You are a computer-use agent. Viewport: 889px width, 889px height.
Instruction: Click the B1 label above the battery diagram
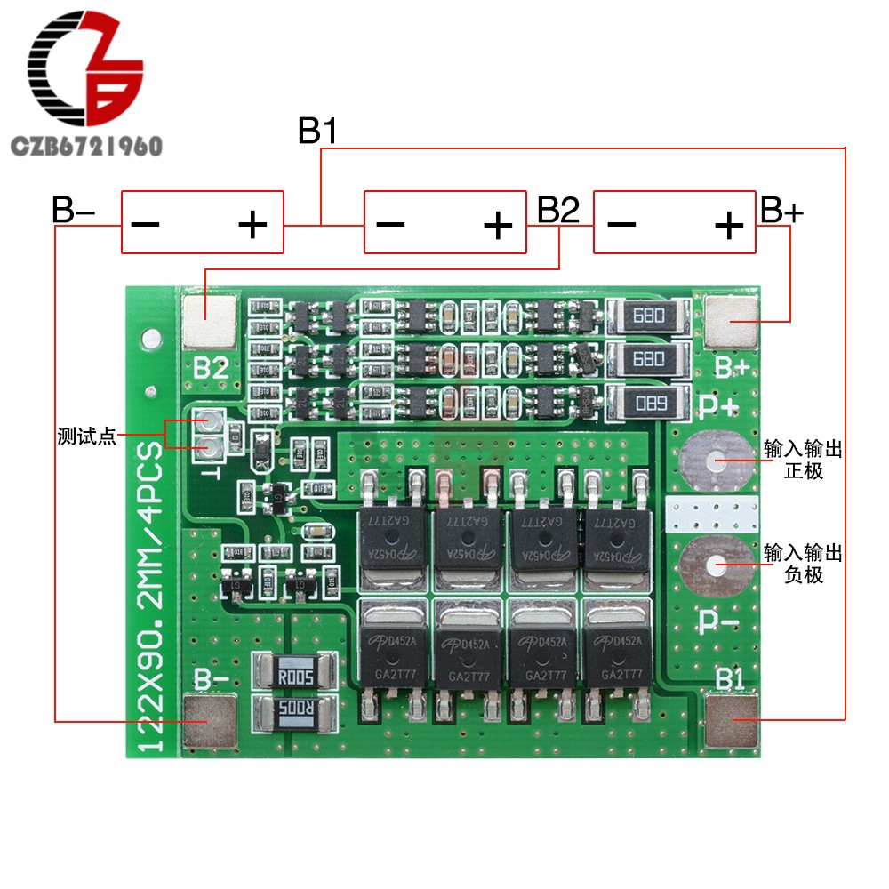pyautogui.click(x=317, y=132)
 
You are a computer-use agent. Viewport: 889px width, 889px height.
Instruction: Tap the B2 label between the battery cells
pyautogui.click(x=558, y=211)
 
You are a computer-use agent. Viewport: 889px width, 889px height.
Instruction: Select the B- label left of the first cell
pyautogui.click(x=73, y=211)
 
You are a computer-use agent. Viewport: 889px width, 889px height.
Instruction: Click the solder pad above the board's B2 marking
pyautogui.click(x=210, y=321)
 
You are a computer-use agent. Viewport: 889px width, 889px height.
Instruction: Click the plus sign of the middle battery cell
pyautogui.click(x=497, y=224)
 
